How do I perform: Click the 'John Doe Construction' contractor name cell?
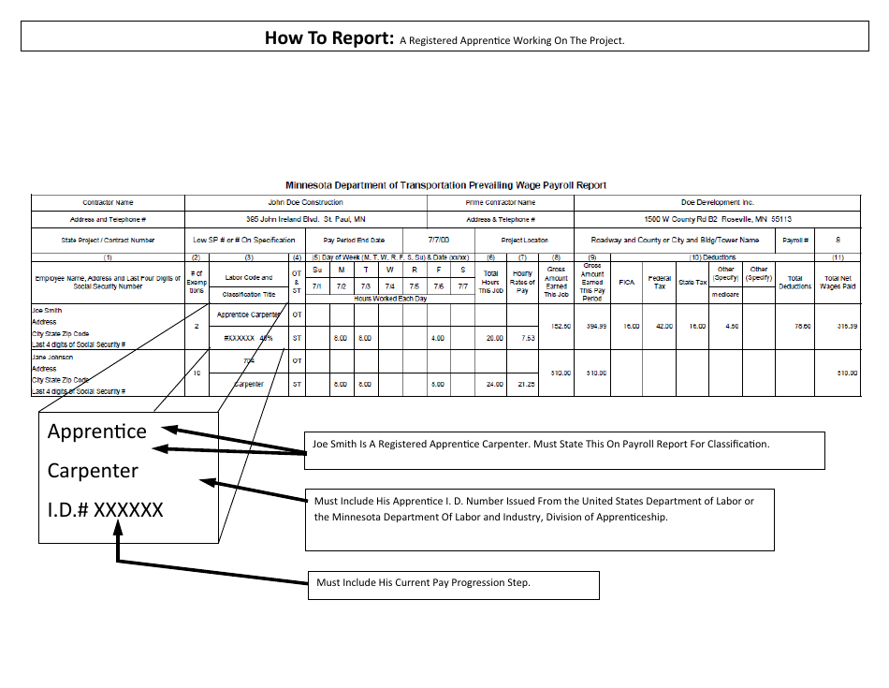point(305,202)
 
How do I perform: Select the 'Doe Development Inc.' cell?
point(717,202)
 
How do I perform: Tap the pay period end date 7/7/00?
point(438,240)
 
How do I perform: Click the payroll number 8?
point(838,240)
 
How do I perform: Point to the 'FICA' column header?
point(627,282)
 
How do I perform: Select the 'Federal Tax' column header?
point(660,282)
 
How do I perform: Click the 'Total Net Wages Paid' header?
point(838,282)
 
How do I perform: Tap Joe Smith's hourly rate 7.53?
point(526,338)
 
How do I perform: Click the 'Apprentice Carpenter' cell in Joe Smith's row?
point(249,315)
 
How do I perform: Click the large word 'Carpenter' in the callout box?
point(93,471)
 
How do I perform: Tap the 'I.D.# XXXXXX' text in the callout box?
point(105,510)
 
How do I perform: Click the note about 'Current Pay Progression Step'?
point(423,582)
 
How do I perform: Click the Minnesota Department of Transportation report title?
point(445,185)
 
